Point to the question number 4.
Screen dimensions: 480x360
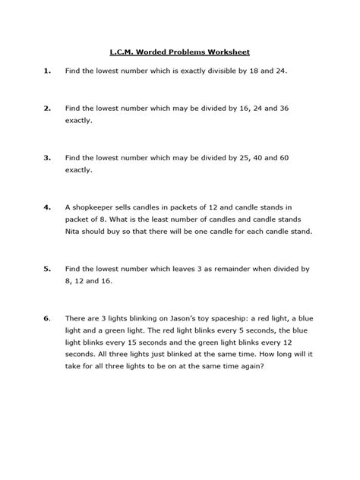47,206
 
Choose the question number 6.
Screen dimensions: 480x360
47,315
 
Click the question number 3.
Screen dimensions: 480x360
47,157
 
